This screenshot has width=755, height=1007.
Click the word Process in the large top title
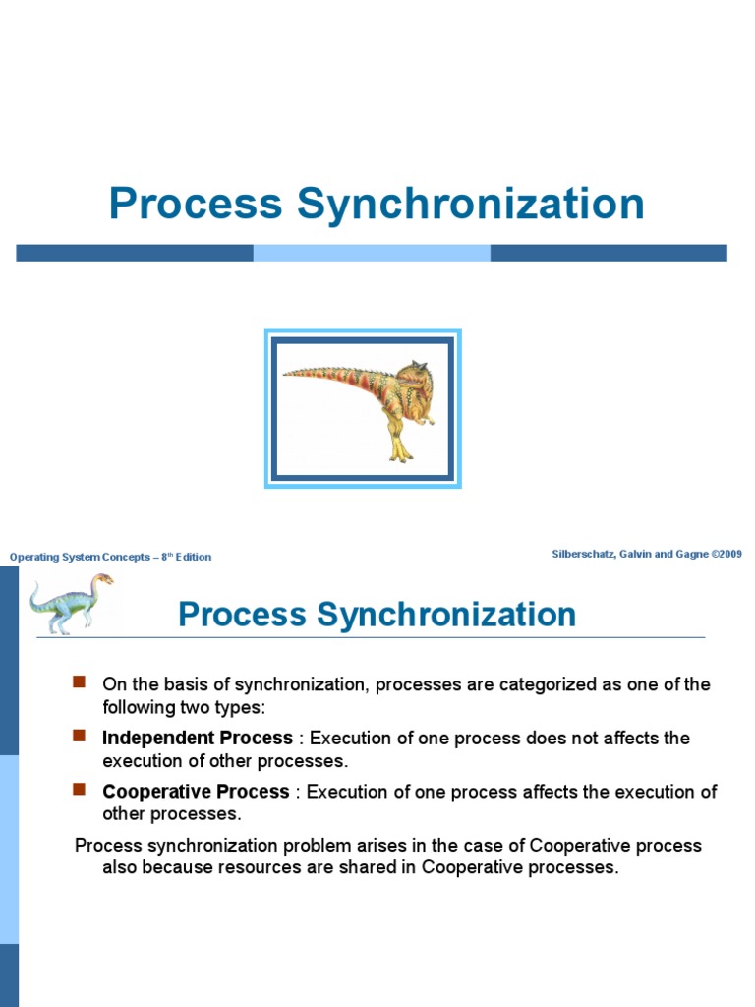(196, 204)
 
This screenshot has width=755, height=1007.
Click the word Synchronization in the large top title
(471, 204)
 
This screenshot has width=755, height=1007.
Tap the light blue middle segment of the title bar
(372, 253)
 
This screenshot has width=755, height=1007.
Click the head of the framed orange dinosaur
(413, 380)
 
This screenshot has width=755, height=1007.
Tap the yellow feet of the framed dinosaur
(400, 454)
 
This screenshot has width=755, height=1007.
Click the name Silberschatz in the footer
(586, 555)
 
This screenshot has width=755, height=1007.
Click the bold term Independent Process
(198, 738)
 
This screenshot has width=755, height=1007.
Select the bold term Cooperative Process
(196, 792)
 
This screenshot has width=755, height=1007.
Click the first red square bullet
(81, 681)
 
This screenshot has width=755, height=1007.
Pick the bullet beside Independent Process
(81, 736)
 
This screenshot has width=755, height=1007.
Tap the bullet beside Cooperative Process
(81, 790)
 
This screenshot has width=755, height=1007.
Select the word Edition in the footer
(194, 557)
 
